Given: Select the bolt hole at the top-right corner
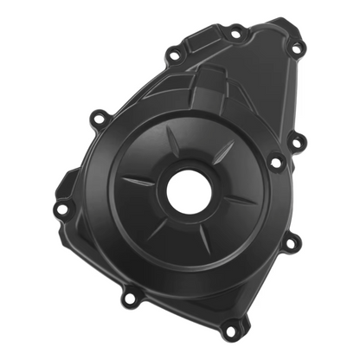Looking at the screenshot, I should click(x=296, y=48).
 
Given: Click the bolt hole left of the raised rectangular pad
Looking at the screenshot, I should click(x=173, y=56).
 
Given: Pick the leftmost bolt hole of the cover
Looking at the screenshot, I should click(x=61, y=209).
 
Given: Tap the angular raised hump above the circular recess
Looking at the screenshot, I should click(x=208, y=87).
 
